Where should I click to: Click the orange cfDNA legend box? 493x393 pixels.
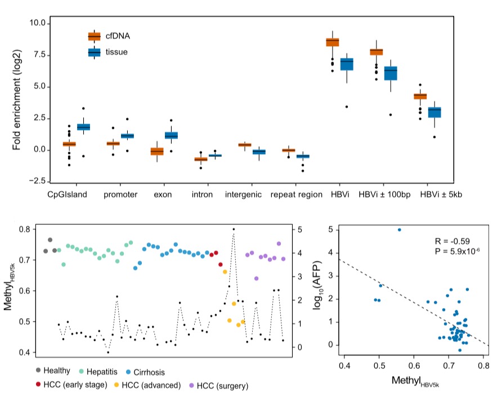click(94, 37)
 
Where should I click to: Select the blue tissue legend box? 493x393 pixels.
click(94, 52)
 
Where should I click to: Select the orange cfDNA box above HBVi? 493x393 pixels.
click(333, 42)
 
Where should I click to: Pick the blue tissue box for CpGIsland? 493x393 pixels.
click(84, 127)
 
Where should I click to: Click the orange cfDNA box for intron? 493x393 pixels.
click(200, 159)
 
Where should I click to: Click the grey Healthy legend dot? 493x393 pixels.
click(38, 372)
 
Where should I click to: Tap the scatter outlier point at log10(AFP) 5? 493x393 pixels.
click(400, 229)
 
